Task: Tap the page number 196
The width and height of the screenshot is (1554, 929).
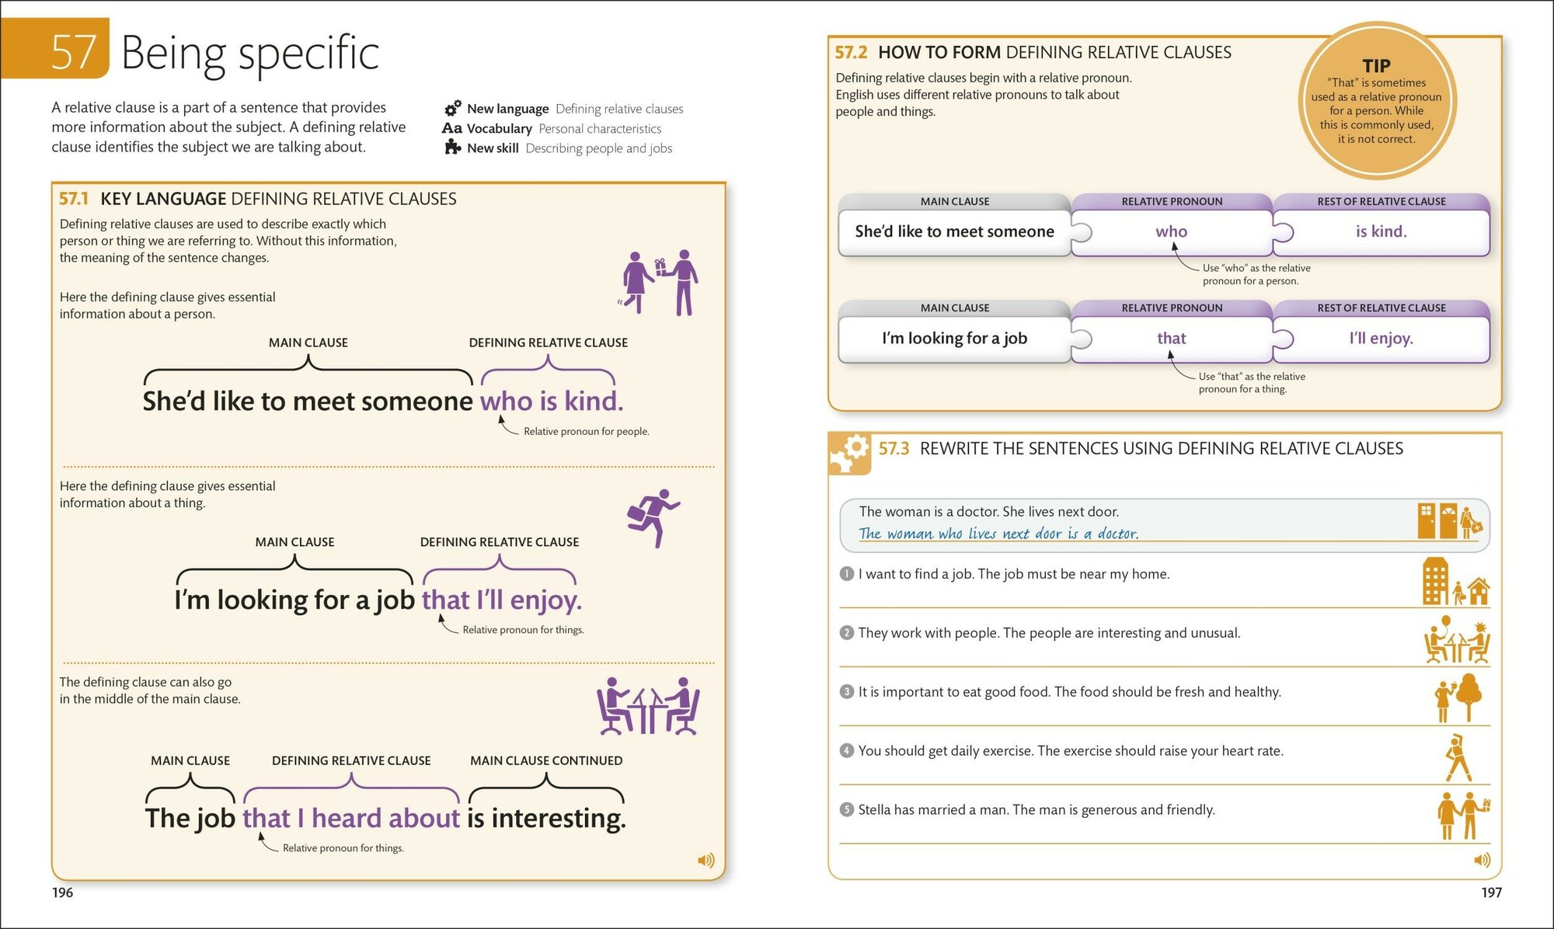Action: [62, 892]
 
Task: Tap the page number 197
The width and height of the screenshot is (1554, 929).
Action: [1491, 892]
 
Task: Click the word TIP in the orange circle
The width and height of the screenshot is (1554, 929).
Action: [1376, 66]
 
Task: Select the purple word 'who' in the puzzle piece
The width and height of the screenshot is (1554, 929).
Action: [1171, 231]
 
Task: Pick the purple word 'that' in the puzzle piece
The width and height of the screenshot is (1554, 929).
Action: [1171, 338]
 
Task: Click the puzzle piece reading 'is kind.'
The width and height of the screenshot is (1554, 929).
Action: [1381, 231]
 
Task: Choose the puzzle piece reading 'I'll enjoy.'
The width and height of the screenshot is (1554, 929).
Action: [1381, 338]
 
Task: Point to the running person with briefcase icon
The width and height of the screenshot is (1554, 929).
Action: [653, 517]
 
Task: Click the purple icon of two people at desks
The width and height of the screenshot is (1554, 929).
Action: [647, 706]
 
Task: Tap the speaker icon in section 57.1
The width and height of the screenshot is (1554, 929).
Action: [706, 860]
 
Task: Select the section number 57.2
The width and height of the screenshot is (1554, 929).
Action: [851, 52]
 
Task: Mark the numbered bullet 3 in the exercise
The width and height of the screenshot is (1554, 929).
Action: [847, 691]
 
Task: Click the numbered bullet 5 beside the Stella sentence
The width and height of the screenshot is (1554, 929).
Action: [847, 809]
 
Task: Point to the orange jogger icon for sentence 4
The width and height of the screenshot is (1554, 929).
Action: [1458, 757]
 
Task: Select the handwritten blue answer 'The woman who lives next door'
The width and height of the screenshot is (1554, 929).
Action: [998, 534]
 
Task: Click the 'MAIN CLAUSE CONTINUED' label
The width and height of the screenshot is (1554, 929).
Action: [545, 760]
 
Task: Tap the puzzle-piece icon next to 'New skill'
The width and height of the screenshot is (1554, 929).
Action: [452, 147]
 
